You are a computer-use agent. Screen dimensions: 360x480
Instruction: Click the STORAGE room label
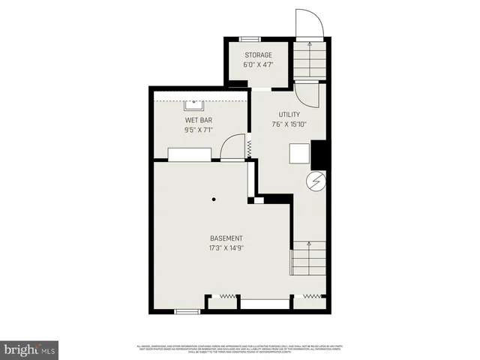tap(258, 55)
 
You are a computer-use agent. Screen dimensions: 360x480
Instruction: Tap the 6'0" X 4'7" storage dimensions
tap(258, 65)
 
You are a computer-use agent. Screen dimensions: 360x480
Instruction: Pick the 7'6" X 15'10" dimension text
tap(289, 124)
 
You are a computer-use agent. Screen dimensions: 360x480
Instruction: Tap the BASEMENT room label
tap(226, 238)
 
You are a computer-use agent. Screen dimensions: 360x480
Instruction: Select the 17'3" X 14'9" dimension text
tap(227, 248)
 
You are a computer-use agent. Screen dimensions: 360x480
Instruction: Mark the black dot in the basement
tap(214, 199)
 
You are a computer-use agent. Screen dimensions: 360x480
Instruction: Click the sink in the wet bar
tap(194, 100)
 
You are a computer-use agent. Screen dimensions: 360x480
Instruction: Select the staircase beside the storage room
tap(308, 60)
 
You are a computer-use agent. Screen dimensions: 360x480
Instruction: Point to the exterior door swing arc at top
tap(309, 22)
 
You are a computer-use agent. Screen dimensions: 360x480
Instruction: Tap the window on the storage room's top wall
tap(249, 38)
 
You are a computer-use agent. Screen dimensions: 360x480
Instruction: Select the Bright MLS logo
tap(30, 349)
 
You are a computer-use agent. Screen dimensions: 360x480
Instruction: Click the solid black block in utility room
tap(319, 154)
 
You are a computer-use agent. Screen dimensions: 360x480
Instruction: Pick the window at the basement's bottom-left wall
tap(185, 310)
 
